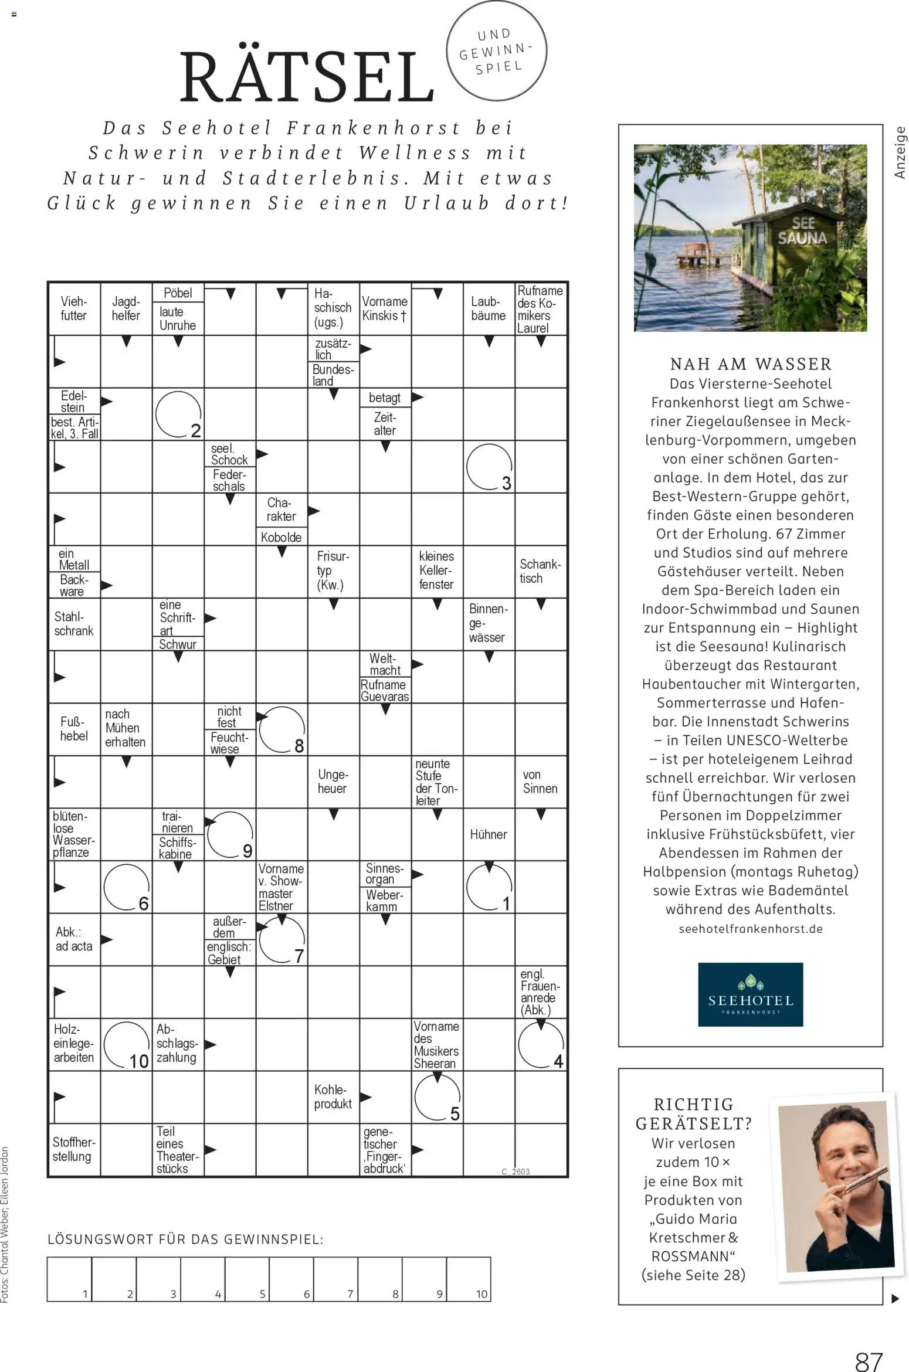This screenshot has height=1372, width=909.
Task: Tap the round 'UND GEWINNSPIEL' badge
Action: click(496, 50)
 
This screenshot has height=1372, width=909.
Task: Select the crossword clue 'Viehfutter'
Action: click(74, 308)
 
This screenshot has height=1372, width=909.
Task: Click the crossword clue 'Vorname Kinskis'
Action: click(385, 308)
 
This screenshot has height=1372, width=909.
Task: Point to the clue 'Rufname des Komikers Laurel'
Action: click(540, 309)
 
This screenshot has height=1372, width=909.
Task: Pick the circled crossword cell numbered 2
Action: click(178, 414)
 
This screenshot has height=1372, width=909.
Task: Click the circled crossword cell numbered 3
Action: click(489, 467)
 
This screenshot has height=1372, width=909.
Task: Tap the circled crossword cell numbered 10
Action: click(127, 1044)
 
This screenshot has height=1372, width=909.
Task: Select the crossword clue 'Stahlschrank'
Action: click(74, 624)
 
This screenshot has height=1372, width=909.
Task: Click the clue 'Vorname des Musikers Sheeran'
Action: click(436, 1044)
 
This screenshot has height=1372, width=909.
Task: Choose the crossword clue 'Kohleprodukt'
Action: click(333, 1096)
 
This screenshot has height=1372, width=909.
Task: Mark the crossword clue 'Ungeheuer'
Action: click(333, 782)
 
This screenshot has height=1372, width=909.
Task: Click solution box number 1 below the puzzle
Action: click(69, 1279)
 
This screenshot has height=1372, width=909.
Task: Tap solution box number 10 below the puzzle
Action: click(468, 1279)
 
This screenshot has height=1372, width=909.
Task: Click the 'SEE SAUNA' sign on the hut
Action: click(802, 231)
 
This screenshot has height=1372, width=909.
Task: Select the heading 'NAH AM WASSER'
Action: click(751, 364)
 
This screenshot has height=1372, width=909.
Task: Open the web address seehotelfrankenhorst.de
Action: click(751, 929)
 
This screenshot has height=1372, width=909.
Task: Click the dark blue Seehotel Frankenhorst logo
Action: click(750, 994)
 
